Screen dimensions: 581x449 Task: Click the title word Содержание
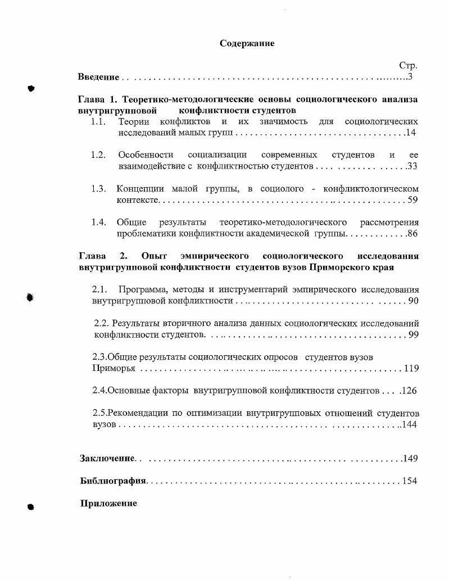click(247, 44)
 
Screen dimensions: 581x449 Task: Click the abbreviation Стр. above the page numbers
click(408, 66)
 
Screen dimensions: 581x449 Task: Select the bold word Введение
click(98, 77)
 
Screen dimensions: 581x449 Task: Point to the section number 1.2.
click(98, 155)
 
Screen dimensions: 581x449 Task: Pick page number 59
click(412, 199)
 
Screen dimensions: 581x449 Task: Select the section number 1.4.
click(98, 222)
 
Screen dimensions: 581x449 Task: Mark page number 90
click(414, 301)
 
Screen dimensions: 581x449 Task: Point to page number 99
click(414, 335)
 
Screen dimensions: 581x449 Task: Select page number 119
click(411, 369)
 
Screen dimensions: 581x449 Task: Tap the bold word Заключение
click(107, 459)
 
